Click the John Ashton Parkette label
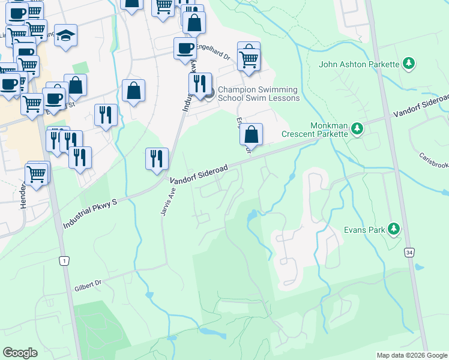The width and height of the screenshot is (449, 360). tap(359, 64)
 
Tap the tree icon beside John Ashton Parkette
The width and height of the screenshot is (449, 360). tap(409, 64)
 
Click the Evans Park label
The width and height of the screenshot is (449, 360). tap(364, 229)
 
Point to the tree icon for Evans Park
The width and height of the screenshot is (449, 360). tap(394, 229)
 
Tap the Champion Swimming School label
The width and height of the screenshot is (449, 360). tap(258, 94)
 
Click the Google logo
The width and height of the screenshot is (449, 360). tap(20, 353)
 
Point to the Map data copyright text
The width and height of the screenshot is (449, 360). tap(411, 355)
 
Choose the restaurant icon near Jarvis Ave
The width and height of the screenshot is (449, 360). tap(157, 158)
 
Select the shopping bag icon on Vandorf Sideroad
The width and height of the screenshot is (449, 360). tap(252, 134)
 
